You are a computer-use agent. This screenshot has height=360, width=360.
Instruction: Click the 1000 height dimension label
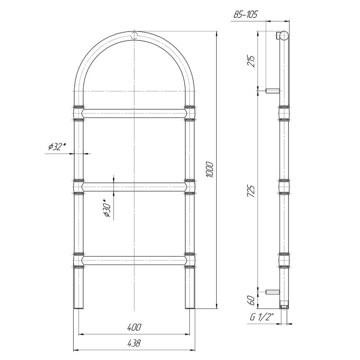[210, 170]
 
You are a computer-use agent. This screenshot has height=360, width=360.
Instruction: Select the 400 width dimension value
[134, 327]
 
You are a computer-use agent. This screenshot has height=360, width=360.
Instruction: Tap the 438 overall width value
[134, 343]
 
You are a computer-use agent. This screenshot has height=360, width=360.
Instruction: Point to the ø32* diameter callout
[57, 147]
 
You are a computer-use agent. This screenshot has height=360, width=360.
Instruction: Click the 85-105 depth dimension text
[246, 14]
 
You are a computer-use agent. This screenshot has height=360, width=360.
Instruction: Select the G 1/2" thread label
[262, 318]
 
